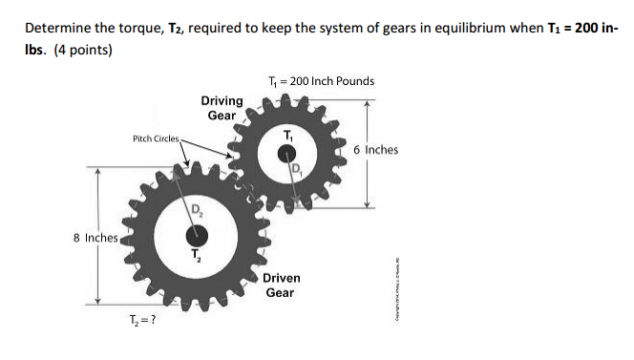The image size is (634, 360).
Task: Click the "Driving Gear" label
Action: click(x=222, y=108)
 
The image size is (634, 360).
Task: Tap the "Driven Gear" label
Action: click(x=281, y=285)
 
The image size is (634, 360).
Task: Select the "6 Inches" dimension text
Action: click(x=375, y=150)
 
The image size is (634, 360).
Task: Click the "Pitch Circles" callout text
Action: click(x=155, y=139)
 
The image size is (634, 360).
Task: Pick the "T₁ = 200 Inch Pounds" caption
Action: click(x=322, y=81)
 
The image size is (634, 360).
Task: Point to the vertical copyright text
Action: click(x=399, y=291)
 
